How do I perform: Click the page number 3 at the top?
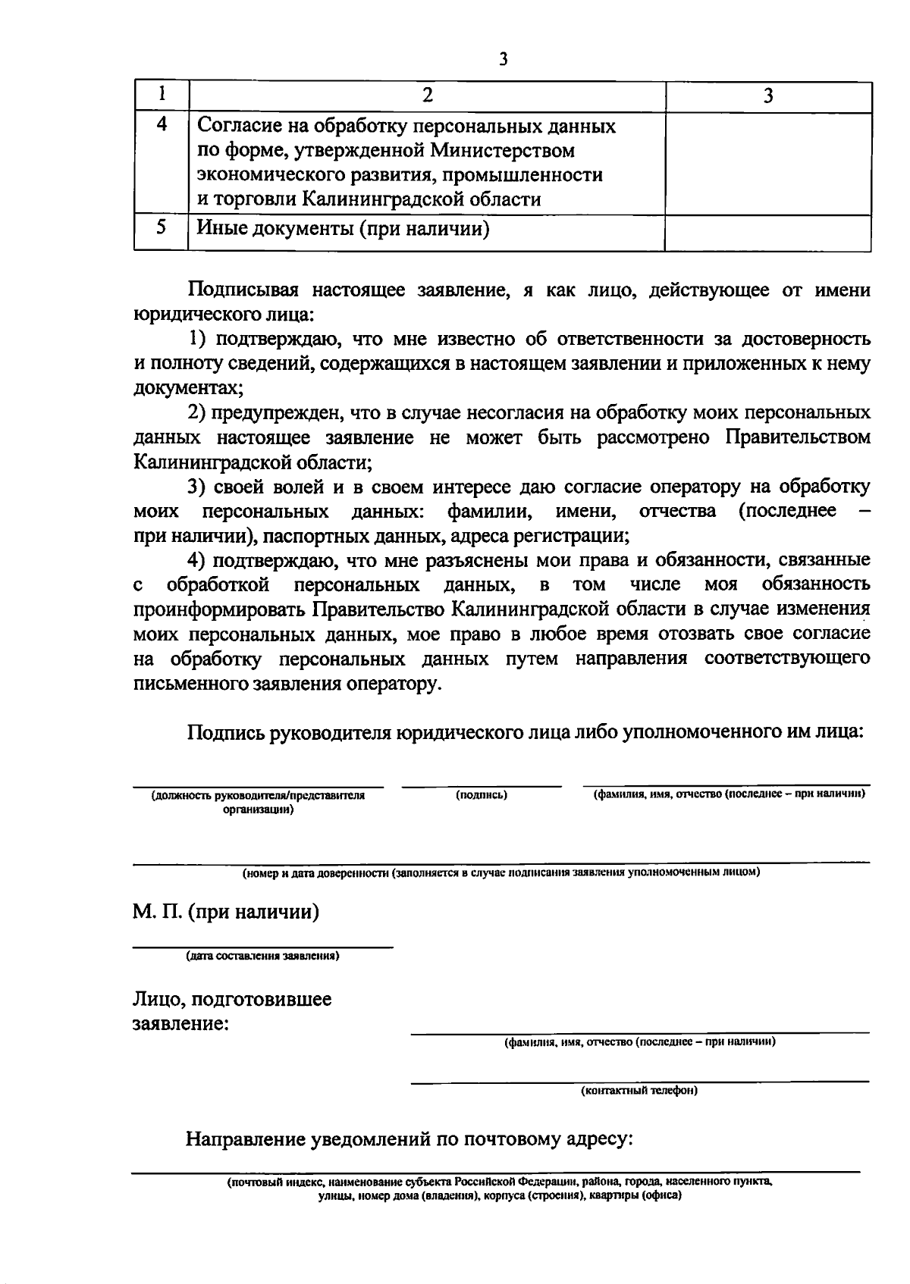[503, 60]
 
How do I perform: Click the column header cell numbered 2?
[427, 96]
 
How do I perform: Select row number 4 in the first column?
[161, 124]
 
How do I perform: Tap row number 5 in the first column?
[161, 227]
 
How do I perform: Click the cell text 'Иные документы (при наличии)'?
[343, 227]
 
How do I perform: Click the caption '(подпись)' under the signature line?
[482, 795]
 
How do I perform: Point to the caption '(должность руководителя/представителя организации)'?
[259, 802]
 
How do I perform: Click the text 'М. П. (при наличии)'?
[226, 912]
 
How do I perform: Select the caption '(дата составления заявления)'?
[262, 956]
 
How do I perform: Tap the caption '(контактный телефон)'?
[639, 1091]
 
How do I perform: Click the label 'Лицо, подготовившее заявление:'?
[232, 1011]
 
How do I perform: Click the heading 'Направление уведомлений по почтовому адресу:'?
[409, 1139]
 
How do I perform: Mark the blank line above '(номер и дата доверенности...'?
[501, 862]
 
